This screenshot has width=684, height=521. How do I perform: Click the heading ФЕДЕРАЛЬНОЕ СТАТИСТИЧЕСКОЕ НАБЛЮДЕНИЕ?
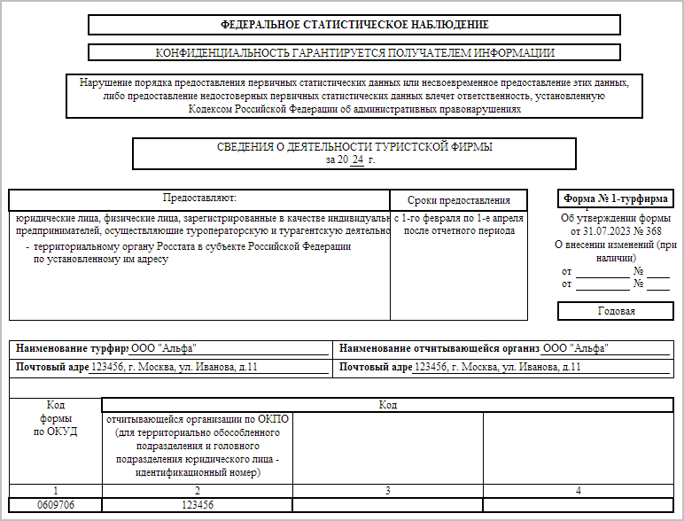click(354, 25)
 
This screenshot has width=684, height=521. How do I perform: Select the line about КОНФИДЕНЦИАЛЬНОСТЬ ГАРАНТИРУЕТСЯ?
click(354, 53)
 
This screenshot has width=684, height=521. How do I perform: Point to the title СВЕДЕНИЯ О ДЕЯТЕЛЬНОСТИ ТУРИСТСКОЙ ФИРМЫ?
click(354, 147)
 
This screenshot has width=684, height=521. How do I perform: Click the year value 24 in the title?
click(357, 160)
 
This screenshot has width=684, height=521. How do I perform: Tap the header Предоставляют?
click(199, 198)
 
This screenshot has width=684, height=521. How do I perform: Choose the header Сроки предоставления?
click(458, 200)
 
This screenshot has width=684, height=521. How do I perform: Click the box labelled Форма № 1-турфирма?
click(615, 198)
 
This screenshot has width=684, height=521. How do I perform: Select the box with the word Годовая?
click(615, 311)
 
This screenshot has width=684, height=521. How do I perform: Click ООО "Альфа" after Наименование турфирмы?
click(164, 348)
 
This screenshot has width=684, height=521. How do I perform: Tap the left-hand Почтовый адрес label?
click(52, 367)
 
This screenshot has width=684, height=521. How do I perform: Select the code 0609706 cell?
click(55, 504)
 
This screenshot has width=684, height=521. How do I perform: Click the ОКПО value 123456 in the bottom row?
click(198, 504)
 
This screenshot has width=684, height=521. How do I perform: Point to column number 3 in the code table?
click(387, 490)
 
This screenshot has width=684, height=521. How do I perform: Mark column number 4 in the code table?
click(578, 490)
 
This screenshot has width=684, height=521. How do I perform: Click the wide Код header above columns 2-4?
click(387, 405)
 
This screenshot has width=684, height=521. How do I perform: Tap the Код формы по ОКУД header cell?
click(55, 418)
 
